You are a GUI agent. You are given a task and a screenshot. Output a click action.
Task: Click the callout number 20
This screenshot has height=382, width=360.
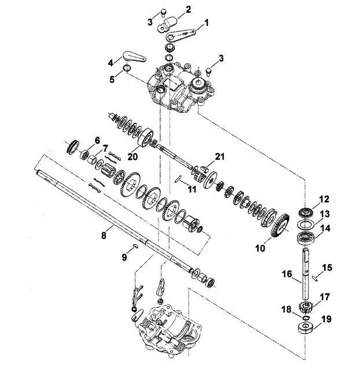click(x=133, y=157)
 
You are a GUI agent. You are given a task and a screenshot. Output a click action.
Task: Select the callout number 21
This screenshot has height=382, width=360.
click(x=219, y=157)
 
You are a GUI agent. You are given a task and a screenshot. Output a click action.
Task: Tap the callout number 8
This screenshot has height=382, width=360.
click(x=104, y=236)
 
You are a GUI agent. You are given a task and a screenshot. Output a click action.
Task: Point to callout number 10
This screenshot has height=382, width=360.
click(x=260, y=248)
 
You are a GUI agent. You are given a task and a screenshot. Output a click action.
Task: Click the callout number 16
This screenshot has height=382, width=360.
click(x=287, y=274)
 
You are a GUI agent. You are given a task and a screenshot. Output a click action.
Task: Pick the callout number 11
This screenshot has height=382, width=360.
click(x=192, y=189)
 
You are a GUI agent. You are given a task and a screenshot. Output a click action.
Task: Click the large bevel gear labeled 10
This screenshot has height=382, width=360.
click(x=280, y=225)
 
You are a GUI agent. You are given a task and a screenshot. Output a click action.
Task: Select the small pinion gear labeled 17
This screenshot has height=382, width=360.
click(x=306, y=306)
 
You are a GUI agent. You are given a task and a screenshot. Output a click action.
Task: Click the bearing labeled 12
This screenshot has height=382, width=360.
click(x=306, y=212)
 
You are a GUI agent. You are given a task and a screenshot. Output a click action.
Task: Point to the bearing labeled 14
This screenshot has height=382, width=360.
click(x=306, y=237)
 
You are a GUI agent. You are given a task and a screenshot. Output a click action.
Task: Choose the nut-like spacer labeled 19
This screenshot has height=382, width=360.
click(x=306, y=327)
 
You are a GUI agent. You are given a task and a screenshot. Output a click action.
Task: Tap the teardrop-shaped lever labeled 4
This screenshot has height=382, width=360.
click(x=134, y=57)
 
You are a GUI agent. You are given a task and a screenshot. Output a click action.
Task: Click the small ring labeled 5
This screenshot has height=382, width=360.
click(x=126, y=68)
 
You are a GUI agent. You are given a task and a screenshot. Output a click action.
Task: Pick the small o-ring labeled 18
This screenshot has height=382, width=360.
click(x=306, y=318)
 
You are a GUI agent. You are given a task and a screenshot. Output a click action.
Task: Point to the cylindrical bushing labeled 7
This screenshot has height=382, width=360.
click(x=92, y=160)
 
